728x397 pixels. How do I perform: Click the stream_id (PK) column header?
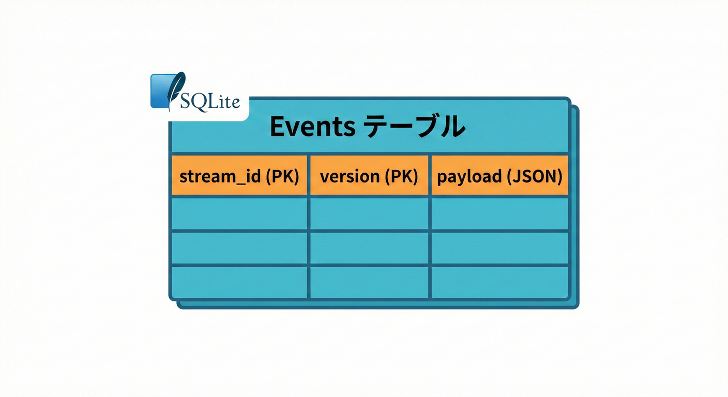tap(239, 176)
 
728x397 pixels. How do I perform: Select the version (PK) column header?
tap(369, 176)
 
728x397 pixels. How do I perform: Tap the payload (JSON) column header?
tap(499, 176)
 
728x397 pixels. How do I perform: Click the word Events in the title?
tap(312, 127)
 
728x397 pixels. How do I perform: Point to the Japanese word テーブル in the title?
tap(412, 127)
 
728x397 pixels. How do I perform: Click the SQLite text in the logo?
tap(210, 101)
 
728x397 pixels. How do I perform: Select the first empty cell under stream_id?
tap(239, 213)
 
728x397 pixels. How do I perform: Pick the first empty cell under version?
tap(369, 213)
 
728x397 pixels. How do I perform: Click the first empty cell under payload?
tap(499, 213)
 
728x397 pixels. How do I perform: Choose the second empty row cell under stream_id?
tap(239, 248)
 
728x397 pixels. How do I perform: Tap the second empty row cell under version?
tap(369, 248)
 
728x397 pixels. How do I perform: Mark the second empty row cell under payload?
tap(499, 248)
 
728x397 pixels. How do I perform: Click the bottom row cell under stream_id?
tap(239, 282)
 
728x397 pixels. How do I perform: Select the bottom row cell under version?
tap(369, 282)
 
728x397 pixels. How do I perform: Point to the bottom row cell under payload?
tap(499, 282)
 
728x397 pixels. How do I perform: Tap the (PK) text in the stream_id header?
tap(282, 177)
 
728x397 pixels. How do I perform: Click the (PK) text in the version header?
tap(401, 177)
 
